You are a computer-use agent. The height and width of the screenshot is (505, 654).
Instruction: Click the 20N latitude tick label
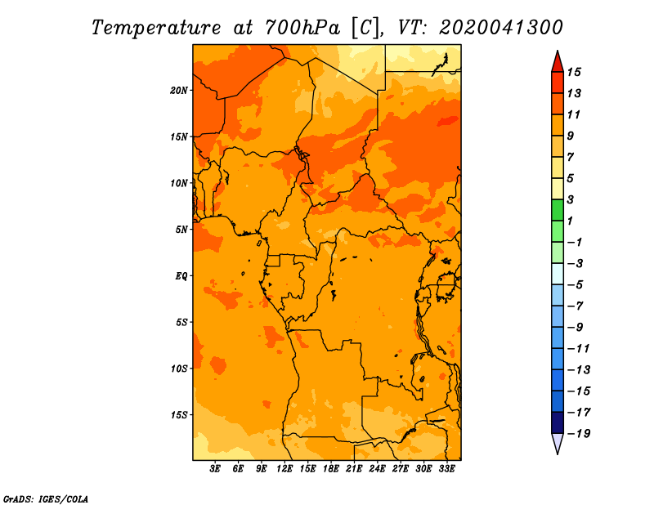178,91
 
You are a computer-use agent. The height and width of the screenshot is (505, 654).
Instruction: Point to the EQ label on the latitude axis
181,276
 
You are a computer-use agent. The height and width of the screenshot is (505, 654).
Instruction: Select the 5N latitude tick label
181,230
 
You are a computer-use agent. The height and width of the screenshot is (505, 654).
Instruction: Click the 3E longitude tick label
215,469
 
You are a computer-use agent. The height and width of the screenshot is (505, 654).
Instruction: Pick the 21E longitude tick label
354,469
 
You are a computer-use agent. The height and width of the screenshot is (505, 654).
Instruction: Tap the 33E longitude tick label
446,469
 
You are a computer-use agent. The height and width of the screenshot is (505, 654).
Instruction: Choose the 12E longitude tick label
284,469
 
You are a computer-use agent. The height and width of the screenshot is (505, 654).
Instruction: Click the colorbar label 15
574,72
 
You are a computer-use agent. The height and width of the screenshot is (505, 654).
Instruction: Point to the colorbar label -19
579,434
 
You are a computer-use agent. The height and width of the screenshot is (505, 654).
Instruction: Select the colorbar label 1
570,221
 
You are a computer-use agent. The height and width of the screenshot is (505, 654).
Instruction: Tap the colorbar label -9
576,328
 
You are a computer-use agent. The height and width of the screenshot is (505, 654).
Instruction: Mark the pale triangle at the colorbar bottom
558,442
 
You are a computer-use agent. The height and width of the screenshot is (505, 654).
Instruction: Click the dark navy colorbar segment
558,422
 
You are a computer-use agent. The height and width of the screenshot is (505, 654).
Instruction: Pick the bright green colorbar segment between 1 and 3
558,210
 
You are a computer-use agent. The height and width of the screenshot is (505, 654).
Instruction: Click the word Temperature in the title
156,28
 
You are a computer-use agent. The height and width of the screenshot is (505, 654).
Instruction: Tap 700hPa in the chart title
302,28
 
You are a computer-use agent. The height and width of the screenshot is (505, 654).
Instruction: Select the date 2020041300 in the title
500,28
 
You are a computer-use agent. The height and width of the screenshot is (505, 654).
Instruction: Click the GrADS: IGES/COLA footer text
46,498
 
